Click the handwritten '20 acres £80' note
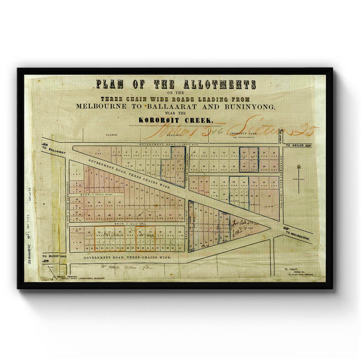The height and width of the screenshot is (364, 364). click(x=125, y=267)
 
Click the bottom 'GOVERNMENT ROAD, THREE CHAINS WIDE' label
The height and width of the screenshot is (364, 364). click(x=127, y=257)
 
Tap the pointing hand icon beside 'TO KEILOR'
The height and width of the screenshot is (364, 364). click(x=308, y=146)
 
